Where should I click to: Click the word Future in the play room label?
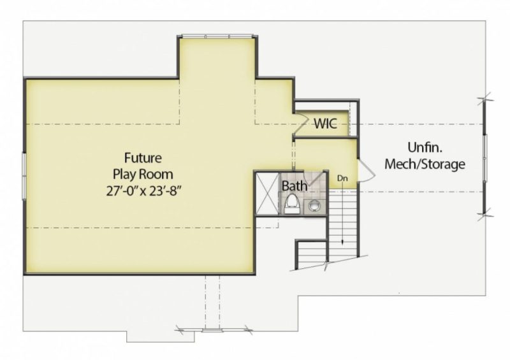(143, 157)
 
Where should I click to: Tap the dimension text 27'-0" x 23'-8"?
(143, 189)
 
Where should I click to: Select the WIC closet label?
(325, 124)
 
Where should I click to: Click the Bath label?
(295, 187)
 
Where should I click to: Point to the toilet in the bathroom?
(291, 203)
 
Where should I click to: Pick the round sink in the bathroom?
(314, 206)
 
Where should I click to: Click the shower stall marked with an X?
(266, 194)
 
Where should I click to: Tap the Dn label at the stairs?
(342, 179)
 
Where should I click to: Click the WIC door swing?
(300, 122)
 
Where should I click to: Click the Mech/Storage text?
(425, 164)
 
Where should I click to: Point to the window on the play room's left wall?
(24, 175)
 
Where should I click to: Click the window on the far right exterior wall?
(484, 155)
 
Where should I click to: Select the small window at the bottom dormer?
(214, 329)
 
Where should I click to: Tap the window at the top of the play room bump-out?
(217, 36)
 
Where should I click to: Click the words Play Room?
(143, 173)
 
